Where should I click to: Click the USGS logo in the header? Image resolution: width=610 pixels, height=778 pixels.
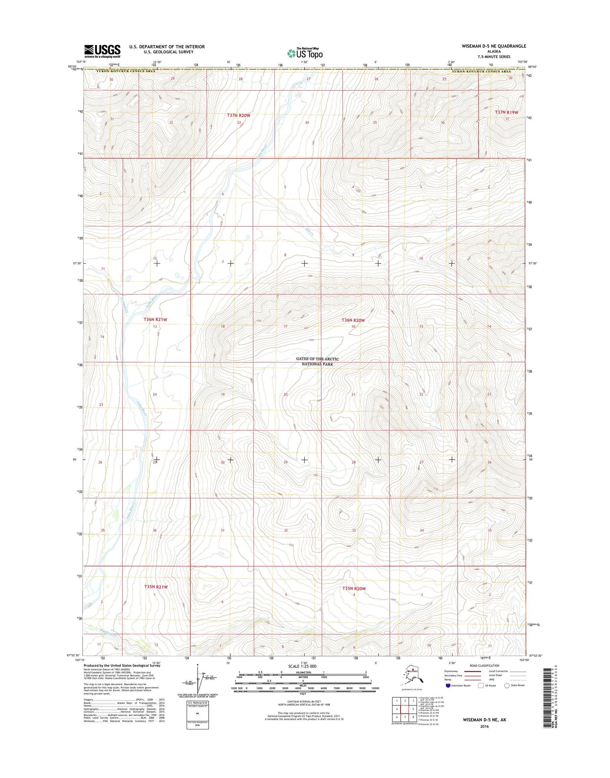tap(102, 51)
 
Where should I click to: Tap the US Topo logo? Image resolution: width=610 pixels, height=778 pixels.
tap(305, 53)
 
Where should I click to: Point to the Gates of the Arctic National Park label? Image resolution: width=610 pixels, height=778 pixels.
tap(317, 361)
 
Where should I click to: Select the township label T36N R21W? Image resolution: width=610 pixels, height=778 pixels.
tap(155, 320)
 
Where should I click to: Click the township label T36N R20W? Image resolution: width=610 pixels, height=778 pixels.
tap(353, 320)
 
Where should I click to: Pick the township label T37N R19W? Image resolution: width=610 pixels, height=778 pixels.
tap(506, 112)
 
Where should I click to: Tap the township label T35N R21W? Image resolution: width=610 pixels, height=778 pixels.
tap(156, 587)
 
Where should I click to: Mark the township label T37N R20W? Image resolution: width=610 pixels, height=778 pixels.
tap(239, 115)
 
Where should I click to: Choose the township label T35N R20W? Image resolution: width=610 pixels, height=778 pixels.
tap(354, 588)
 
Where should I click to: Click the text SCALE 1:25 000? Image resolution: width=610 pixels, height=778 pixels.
tap(302, 666)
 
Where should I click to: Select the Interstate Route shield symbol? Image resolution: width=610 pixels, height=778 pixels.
tap(448, 685)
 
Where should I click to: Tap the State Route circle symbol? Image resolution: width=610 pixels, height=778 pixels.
tap(507, 685)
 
